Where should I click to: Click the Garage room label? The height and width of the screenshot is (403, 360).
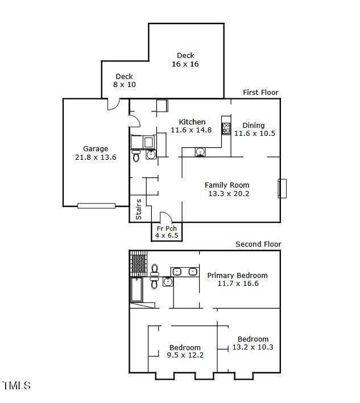[96, 149]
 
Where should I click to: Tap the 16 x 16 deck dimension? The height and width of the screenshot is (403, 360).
[185, 64]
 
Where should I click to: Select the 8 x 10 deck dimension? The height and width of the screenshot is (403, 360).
[125, 84]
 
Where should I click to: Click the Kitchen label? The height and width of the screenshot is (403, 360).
[192, 122]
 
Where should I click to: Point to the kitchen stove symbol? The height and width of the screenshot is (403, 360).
[226, 129]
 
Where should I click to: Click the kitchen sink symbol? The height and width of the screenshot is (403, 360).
[200, 152]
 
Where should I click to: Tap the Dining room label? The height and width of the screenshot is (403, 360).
[254, 126]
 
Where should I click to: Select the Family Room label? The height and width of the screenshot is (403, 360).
[227, 185]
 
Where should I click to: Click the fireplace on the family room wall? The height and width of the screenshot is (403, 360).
[282, 189]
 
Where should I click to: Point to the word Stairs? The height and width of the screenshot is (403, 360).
[138, 209]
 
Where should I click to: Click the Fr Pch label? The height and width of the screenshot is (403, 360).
[167, 228]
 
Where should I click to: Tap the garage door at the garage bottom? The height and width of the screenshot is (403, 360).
[97, 206]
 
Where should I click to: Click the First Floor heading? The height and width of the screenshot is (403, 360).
[260, 93]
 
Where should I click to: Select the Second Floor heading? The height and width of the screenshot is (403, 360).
[258, 244]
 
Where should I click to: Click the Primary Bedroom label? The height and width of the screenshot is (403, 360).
[237, 276]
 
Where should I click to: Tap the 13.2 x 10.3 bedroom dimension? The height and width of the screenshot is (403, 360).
[253, 347]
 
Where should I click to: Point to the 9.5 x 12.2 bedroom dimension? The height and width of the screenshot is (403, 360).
[185, 355]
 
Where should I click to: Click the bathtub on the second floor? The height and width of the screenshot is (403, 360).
[136, 289]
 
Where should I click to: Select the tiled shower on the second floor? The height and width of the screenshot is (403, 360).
[138, 264]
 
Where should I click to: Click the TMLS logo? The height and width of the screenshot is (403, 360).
[16, 385]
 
